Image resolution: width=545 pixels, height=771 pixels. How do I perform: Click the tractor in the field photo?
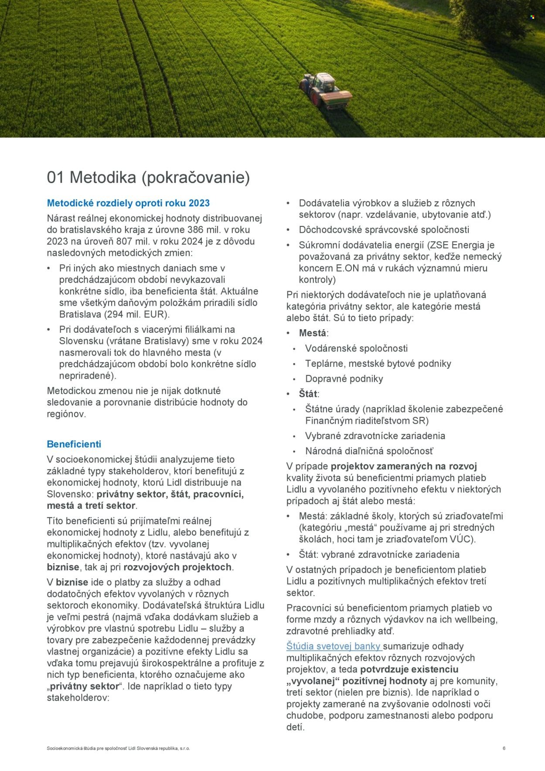(325, 89)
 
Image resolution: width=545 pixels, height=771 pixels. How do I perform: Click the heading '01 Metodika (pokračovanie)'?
(148, 177)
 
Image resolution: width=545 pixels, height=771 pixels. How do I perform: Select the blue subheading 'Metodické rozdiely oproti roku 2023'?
(128, 203)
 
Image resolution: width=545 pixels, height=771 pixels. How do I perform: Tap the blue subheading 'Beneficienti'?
(74, 444)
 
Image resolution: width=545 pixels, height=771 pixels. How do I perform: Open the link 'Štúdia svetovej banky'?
(334, 646)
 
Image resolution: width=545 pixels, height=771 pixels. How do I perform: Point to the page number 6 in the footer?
(504, 748)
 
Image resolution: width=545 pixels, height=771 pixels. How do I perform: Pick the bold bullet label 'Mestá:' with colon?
(313, 333)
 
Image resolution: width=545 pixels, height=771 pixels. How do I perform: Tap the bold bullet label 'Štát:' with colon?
(309, 394)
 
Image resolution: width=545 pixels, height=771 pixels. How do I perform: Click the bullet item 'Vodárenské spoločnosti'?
(356, 348)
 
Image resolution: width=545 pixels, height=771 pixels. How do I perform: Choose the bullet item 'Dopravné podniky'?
(344, 379)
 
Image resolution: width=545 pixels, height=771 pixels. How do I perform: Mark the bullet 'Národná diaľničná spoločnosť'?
(369, 451)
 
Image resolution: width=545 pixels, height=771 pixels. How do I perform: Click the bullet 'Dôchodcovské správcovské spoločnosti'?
(384, 230)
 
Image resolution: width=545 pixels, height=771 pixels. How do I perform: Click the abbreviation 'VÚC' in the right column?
(461, 539)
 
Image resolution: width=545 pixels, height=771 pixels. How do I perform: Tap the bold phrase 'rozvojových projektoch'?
(177, 567)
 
